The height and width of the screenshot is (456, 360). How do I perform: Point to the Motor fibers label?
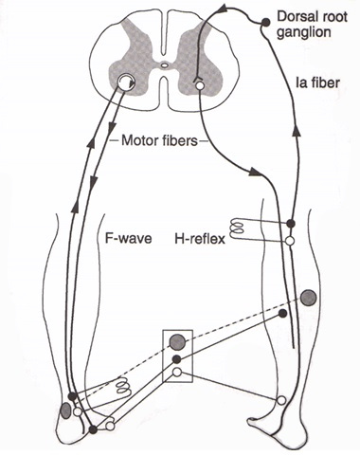[x=158, y=144]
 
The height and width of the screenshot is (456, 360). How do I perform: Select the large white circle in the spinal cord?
[x=126, y=86]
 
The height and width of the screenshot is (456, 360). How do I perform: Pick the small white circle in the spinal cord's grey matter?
[x=200, y=85]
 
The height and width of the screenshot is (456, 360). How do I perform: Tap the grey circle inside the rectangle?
[x=176, y=341]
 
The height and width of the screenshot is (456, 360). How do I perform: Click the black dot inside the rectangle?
[x=176, y=360]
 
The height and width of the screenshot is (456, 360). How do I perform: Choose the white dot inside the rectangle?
[x=176, y=374]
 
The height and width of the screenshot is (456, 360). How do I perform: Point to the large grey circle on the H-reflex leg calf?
[x=308, y=298]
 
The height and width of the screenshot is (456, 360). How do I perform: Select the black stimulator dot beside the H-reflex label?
[x=292, y=225]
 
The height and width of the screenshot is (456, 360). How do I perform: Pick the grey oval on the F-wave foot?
[x=65, y=410]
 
